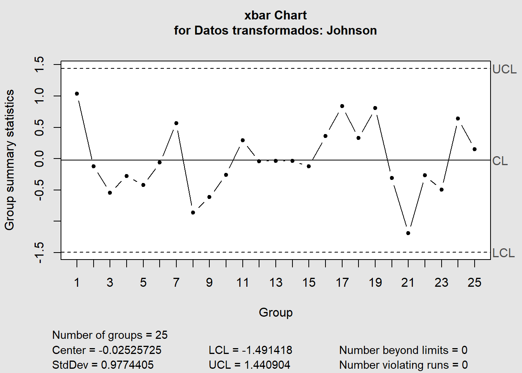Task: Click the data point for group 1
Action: point(77,94)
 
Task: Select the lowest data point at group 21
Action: point(408,233)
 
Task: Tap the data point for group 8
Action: point(193,213)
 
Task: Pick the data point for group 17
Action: point(342,106)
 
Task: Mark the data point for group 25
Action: point(475,149)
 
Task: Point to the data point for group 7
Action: point(176,123)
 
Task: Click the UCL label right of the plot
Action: point(504,69)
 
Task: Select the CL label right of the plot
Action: point(500,161)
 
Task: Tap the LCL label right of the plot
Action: point(503,253)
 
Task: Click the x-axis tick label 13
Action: point(276,282)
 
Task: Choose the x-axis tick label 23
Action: point(441,282)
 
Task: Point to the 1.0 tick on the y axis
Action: point(40,96)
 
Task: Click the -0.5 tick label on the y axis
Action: point(40,190)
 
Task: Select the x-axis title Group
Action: point(276,312)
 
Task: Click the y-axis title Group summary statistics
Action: point(9,160)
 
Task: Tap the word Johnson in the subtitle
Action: point(351,30)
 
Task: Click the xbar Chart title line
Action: point(275,15)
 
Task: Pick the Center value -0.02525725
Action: point(130,350)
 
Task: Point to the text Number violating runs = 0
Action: point(403,365)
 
